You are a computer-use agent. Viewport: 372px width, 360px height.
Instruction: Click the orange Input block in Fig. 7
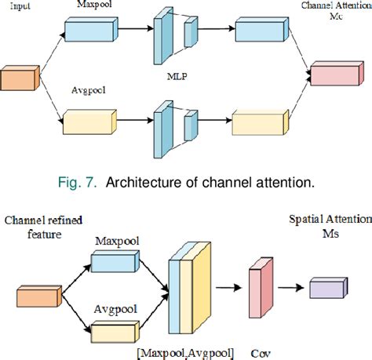point(16,79)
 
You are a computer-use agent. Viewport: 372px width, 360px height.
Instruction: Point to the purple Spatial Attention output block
point(327,289)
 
